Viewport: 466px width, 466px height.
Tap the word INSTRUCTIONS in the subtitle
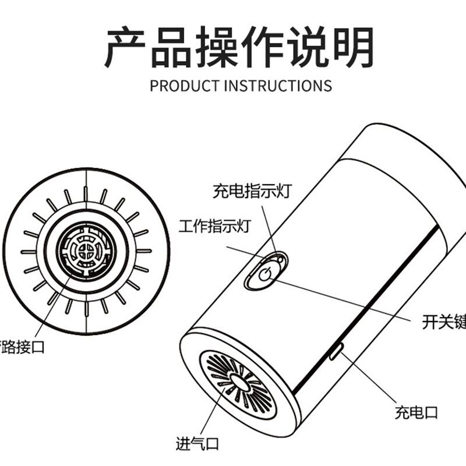pos(278,86)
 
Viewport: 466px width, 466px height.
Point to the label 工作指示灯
pos(214,225)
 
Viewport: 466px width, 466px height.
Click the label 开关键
pos(443,321)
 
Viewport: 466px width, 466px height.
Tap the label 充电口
pos(416,413)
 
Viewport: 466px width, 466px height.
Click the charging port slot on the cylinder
pos(336,351)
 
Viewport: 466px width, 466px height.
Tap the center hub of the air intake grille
pos(237,382)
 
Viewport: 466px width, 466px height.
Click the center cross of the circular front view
pos(86,252)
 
